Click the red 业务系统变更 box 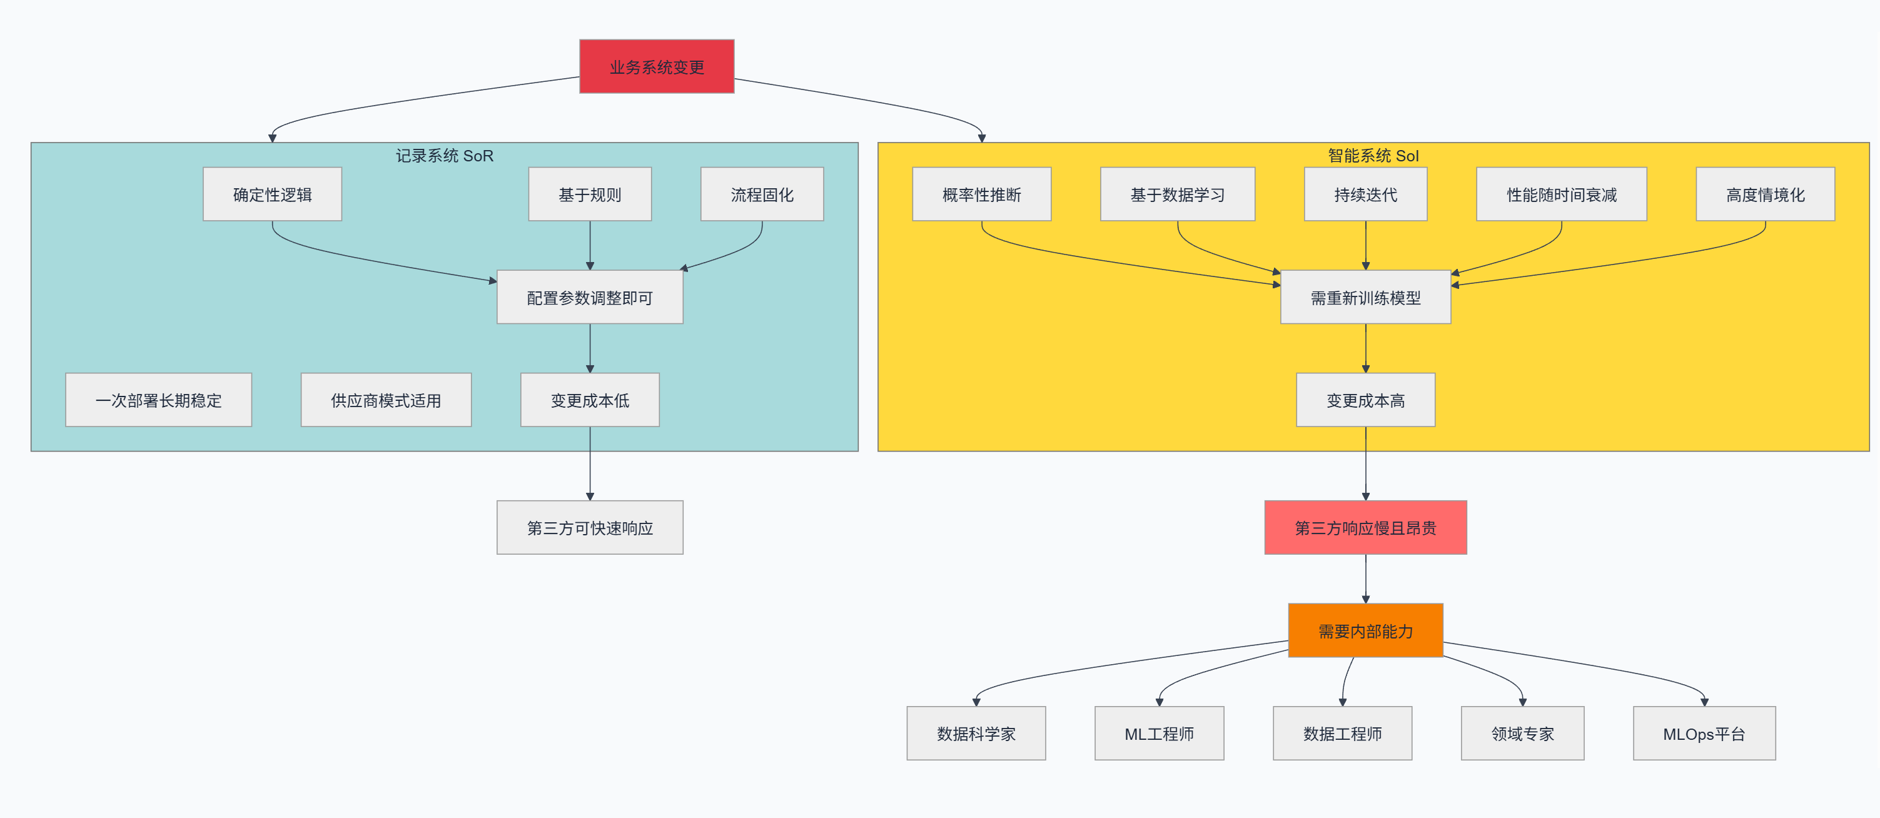[656, 66]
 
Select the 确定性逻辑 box [272, 194]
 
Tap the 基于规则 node [590, 194]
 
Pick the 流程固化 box [762, 194]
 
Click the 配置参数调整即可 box [590, 297]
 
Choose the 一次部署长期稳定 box [158, 400]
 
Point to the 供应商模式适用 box [386, 400]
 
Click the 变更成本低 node [590, 400]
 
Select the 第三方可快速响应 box [590, 528]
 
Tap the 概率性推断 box [982, 194]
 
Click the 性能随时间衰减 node [1561, 194]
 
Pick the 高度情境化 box [1765, 194]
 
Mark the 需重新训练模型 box [1365, 297]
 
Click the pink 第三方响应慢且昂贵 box [1365, 528]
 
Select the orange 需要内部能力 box [1365, 630]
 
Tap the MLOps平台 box [1704, 734]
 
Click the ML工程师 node [1159, 734]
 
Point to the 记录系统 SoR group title [445, 156]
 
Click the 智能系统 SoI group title [1373, 156]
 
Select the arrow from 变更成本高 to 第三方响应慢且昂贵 [1365, 463]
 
